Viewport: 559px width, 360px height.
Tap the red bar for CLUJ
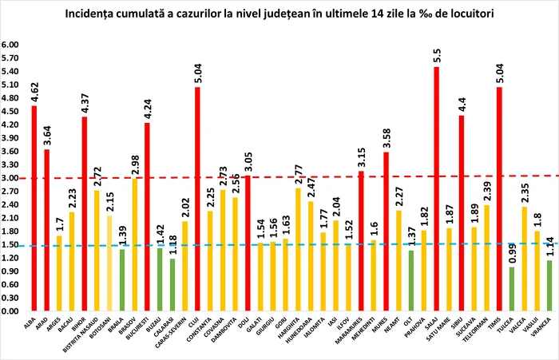click(197, 199)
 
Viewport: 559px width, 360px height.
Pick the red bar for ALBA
click(34, 208)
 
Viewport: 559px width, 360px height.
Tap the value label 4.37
click(84, 103)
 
